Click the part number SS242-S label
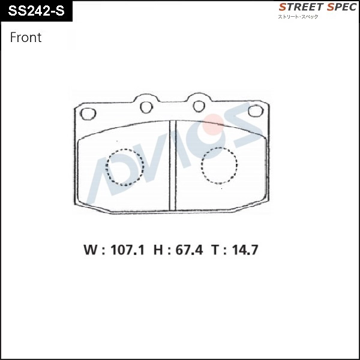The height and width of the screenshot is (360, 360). click(37, 11)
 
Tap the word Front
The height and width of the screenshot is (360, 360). click(26, 37)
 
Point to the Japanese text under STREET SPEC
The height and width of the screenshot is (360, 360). click(298, 16)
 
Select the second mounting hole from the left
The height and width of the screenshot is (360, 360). click(146, 107)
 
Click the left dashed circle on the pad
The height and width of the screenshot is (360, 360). click(125, 167)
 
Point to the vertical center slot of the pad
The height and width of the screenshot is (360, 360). click(172, 165)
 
